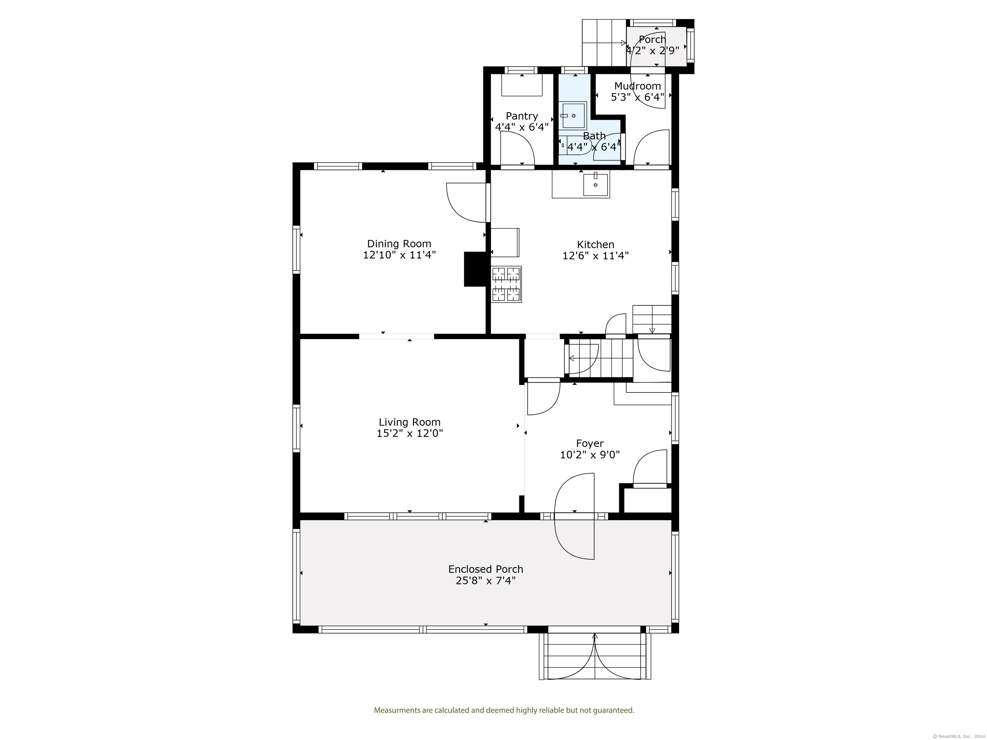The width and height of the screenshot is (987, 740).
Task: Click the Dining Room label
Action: [399, 244]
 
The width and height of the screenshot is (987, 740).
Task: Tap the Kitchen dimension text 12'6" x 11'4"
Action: [595, 255]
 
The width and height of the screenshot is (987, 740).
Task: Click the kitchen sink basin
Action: [595, 185]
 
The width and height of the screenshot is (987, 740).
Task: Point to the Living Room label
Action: [409, 422]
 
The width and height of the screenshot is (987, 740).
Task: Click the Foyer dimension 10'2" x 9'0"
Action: [590, 455]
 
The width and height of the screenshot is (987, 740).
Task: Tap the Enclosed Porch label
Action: [486, 569]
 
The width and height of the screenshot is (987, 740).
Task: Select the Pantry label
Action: [522, 116]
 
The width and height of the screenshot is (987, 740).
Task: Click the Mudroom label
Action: [637, 86]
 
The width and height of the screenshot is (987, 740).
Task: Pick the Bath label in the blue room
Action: [594, 136]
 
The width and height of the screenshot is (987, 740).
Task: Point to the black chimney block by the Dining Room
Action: [476, 269]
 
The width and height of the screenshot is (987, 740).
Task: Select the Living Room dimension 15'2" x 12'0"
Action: [409, 433]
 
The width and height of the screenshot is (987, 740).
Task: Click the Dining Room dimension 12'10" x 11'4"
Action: [399, 255]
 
